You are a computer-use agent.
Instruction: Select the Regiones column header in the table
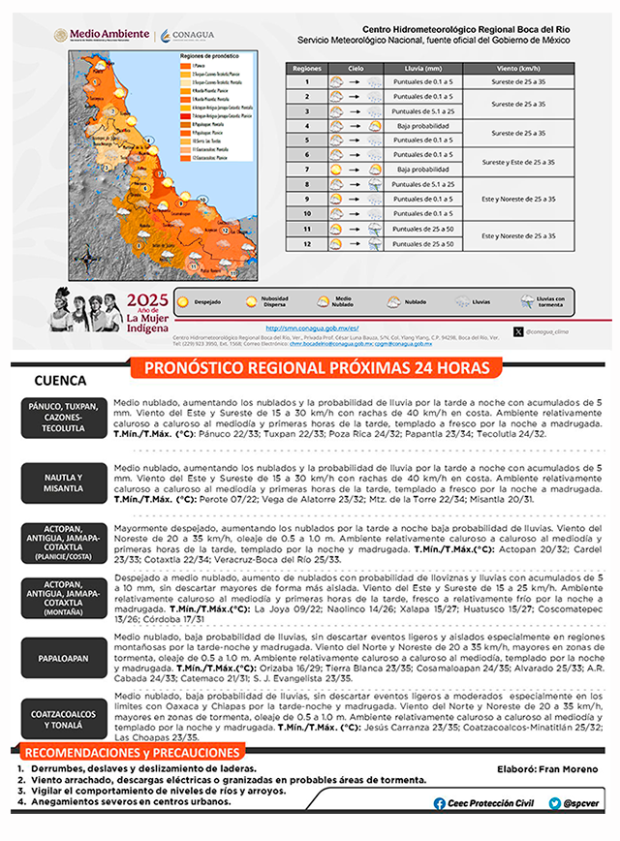point(306,70)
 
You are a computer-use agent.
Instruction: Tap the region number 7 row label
point(306,169)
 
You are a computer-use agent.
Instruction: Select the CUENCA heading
point(60,381)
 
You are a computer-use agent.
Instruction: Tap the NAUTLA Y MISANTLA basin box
point(63,483)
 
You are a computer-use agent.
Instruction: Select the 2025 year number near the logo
point(147,299)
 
